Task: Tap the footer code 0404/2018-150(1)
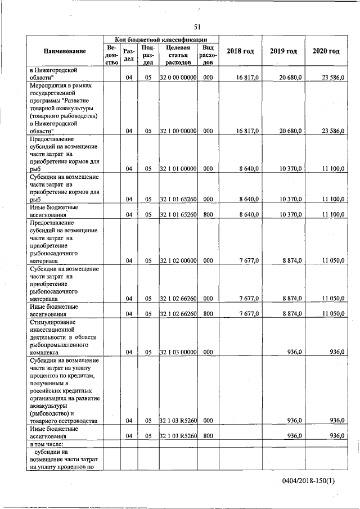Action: point(309,481)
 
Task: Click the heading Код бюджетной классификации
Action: point(161,40)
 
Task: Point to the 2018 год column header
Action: point(240,51)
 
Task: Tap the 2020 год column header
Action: point(326,51)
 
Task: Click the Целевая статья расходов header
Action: point(178,55)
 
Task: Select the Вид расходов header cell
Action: point(208,55)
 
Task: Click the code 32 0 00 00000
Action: point(178,78)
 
